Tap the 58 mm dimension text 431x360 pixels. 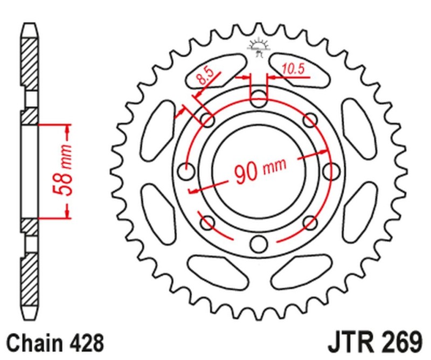(62, 171)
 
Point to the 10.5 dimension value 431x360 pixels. (293, 68)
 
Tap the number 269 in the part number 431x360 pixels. (399, 342)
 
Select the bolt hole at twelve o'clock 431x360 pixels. (259, 99)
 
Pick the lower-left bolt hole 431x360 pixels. (207, 222)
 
